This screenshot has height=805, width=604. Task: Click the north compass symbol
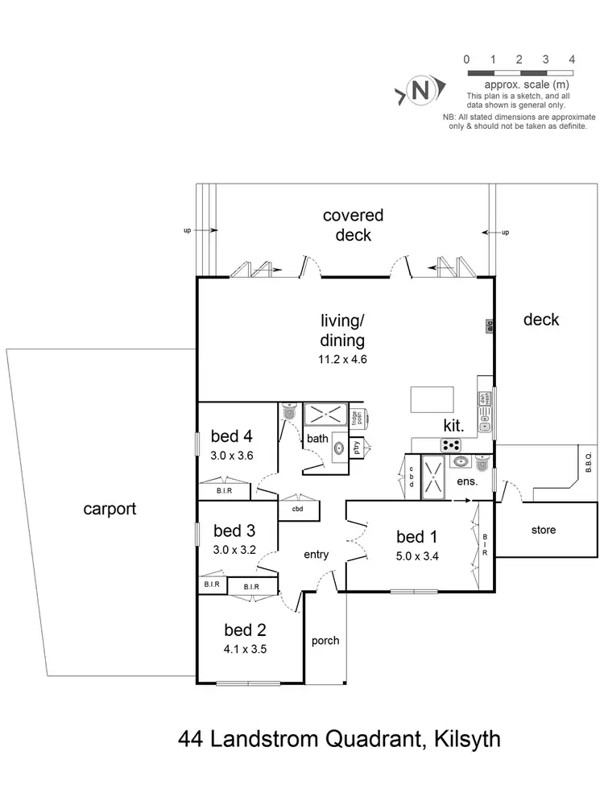[x=419, y=90]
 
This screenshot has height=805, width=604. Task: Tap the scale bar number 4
[x=572, y=59]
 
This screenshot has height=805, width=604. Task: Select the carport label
[x=110, y=509]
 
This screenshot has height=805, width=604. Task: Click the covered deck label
[x=353, y=225]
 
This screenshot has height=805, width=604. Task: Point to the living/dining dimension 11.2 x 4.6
[x=343, y=360]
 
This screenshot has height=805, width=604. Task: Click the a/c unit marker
[x=488, y=326]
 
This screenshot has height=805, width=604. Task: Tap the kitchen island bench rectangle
[x=432, y=398]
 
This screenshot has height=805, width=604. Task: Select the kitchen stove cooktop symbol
[x=451, y=445]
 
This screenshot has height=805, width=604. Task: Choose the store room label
[x=544, y=530]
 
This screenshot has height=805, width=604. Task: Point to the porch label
[x=325, y=641]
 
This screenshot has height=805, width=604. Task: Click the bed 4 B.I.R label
[x=225, y=490]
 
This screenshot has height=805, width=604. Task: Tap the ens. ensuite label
[x=467, y=482]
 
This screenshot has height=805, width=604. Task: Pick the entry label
[x=316, y=555]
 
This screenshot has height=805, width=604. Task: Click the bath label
[x=317, y=439]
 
